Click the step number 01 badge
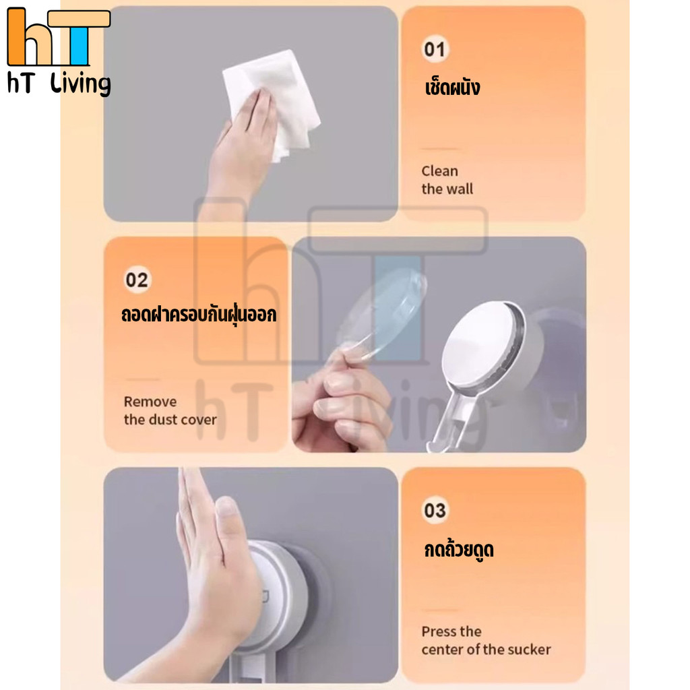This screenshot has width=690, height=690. (x=435, y=49)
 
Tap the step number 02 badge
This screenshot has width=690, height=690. (x=137, y=280)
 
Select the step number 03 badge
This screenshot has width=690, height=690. (x=435, y=511)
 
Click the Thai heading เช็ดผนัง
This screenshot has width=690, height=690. (x=452, y=87)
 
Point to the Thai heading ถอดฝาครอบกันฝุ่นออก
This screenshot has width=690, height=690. (x=199, y=314)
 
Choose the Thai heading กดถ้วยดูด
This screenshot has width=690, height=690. (x=459, y=550)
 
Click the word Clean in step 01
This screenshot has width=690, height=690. (x=439, y=170)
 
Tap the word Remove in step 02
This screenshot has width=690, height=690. (x=150, y=402)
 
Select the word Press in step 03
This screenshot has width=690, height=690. (x=438, y=631)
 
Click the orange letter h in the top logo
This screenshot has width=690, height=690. (x=24, y=37)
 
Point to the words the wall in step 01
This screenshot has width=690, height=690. (x=447, y=189)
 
